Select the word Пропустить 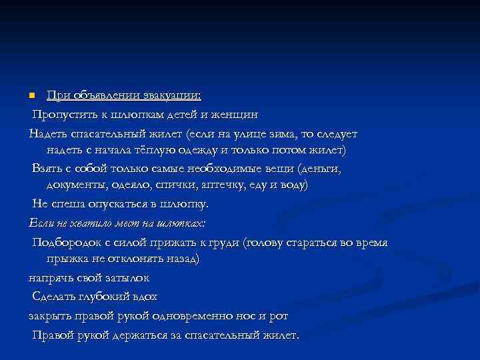click(65, 114)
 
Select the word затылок click(125, 277)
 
